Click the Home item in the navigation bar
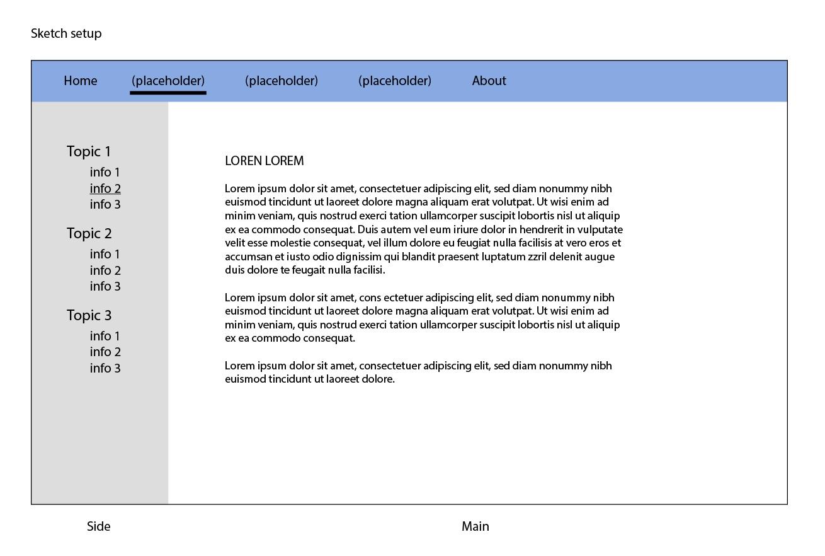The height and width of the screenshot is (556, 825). [x=81, y=81]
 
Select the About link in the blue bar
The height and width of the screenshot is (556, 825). [x=489, y=81]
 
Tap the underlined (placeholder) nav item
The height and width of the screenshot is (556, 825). [x=168, y=81]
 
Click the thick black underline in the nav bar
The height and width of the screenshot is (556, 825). [x=168, y=93]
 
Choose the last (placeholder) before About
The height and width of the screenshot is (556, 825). [x=395, y=81]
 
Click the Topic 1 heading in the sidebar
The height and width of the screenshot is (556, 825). [x=89, y=151]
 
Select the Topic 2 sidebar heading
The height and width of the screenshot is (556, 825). [x=89, y=233]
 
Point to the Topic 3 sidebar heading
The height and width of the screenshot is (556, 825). [x=89, y=315]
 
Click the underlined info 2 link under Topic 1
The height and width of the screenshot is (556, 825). [x=105, y=188]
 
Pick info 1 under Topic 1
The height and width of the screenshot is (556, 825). [x=105, y=172]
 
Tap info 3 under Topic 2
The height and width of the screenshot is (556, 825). [x=105, y=286]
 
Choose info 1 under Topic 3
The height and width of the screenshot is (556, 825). [x=105, y=336]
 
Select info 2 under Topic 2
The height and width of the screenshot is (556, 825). [x=105, y=270]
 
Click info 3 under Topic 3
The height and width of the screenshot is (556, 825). [x=105, y=368]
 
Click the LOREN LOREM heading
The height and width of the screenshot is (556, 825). [x=265, y=161]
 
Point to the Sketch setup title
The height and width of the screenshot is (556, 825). [x=66, y=33]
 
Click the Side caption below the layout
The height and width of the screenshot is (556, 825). [x=99, y=526]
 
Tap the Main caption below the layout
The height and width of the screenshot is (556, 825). [x=475, y=526]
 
